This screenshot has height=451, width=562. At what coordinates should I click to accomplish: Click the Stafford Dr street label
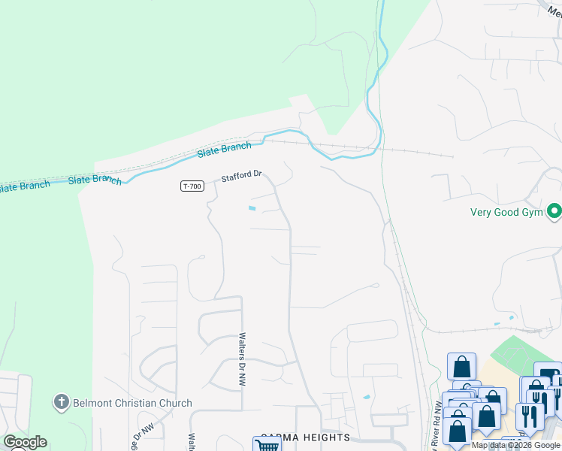pos(240,177)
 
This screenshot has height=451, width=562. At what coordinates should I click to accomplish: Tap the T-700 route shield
pos(192,186)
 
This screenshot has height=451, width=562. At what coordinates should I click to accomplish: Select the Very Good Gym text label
pos(507,211)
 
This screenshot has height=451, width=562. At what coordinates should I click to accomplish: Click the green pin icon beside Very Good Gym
pos(554,210)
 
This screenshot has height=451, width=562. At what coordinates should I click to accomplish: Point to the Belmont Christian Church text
pos(132,403)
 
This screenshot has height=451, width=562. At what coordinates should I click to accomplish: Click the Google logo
pos(25,442)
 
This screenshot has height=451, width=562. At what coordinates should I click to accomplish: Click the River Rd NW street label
pos(437,425)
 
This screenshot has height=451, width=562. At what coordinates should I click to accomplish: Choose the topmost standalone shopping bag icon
pos(461,367)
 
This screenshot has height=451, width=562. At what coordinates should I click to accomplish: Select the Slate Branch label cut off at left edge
pos(24,186)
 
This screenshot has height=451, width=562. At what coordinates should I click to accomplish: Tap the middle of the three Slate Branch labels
pos(95,180)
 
